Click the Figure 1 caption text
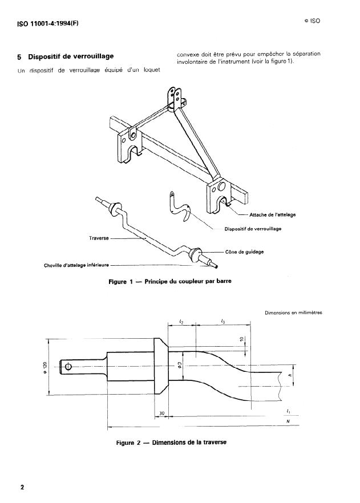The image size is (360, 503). coord(169,281)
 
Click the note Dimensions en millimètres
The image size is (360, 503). coord(294,312)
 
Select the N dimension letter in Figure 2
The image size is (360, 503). coord(288,422)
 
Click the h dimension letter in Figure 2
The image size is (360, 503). coord(290,376)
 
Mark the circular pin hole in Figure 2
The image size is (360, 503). coord(68,366)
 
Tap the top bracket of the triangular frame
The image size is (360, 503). coord(176,98)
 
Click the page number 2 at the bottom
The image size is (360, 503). coord(22,488)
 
